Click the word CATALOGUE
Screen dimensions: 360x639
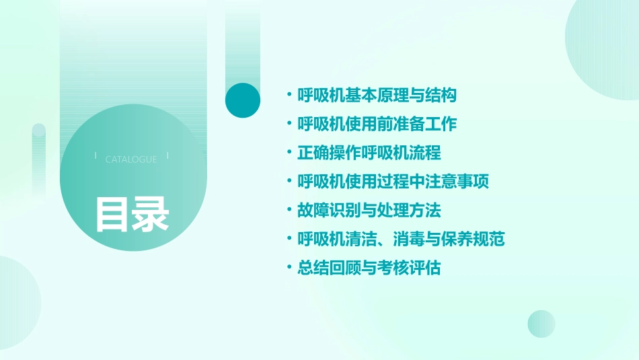coord(131,159)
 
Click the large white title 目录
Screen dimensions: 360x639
coord(131,213)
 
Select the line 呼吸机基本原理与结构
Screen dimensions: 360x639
coord(377,96)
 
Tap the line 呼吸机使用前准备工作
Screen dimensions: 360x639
coord(377,124)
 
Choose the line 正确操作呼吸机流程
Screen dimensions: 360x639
coord(369,153)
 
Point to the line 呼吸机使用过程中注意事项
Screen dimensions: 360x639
coord(393,182)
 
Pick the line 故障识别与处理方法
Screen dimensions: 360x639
coord(369,210)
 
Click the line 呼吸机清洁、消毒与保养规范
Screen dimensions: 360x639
coord(401,239)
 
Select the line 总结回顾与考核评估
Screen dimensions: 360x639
coord(369,268)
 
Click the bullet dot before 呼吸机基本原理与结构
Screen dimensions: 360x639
coord(289,96)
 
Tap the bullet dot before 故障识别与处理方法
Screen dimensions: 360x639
coord(289,210)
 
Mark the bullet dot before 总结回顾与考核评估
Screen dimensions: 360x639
coord(289,268)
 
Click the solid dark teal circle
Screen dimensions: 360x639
coord(243,100)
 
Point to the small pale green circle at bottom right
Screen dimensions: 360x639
coord(541,324)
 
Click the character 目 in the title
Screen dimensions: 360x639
coord(112,213)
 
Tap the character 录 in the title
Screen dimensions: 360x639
coord(151,213)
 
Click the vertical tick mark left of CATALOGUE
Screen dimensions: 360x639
coord(96,155)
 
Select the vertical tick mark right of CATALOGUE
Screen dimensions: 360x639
coord(167,155)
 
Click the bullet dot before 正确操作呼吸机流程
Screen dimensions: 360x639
coord(289,153)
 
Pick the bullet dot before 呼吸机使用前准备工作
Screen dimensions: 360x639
coord(289,124)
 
